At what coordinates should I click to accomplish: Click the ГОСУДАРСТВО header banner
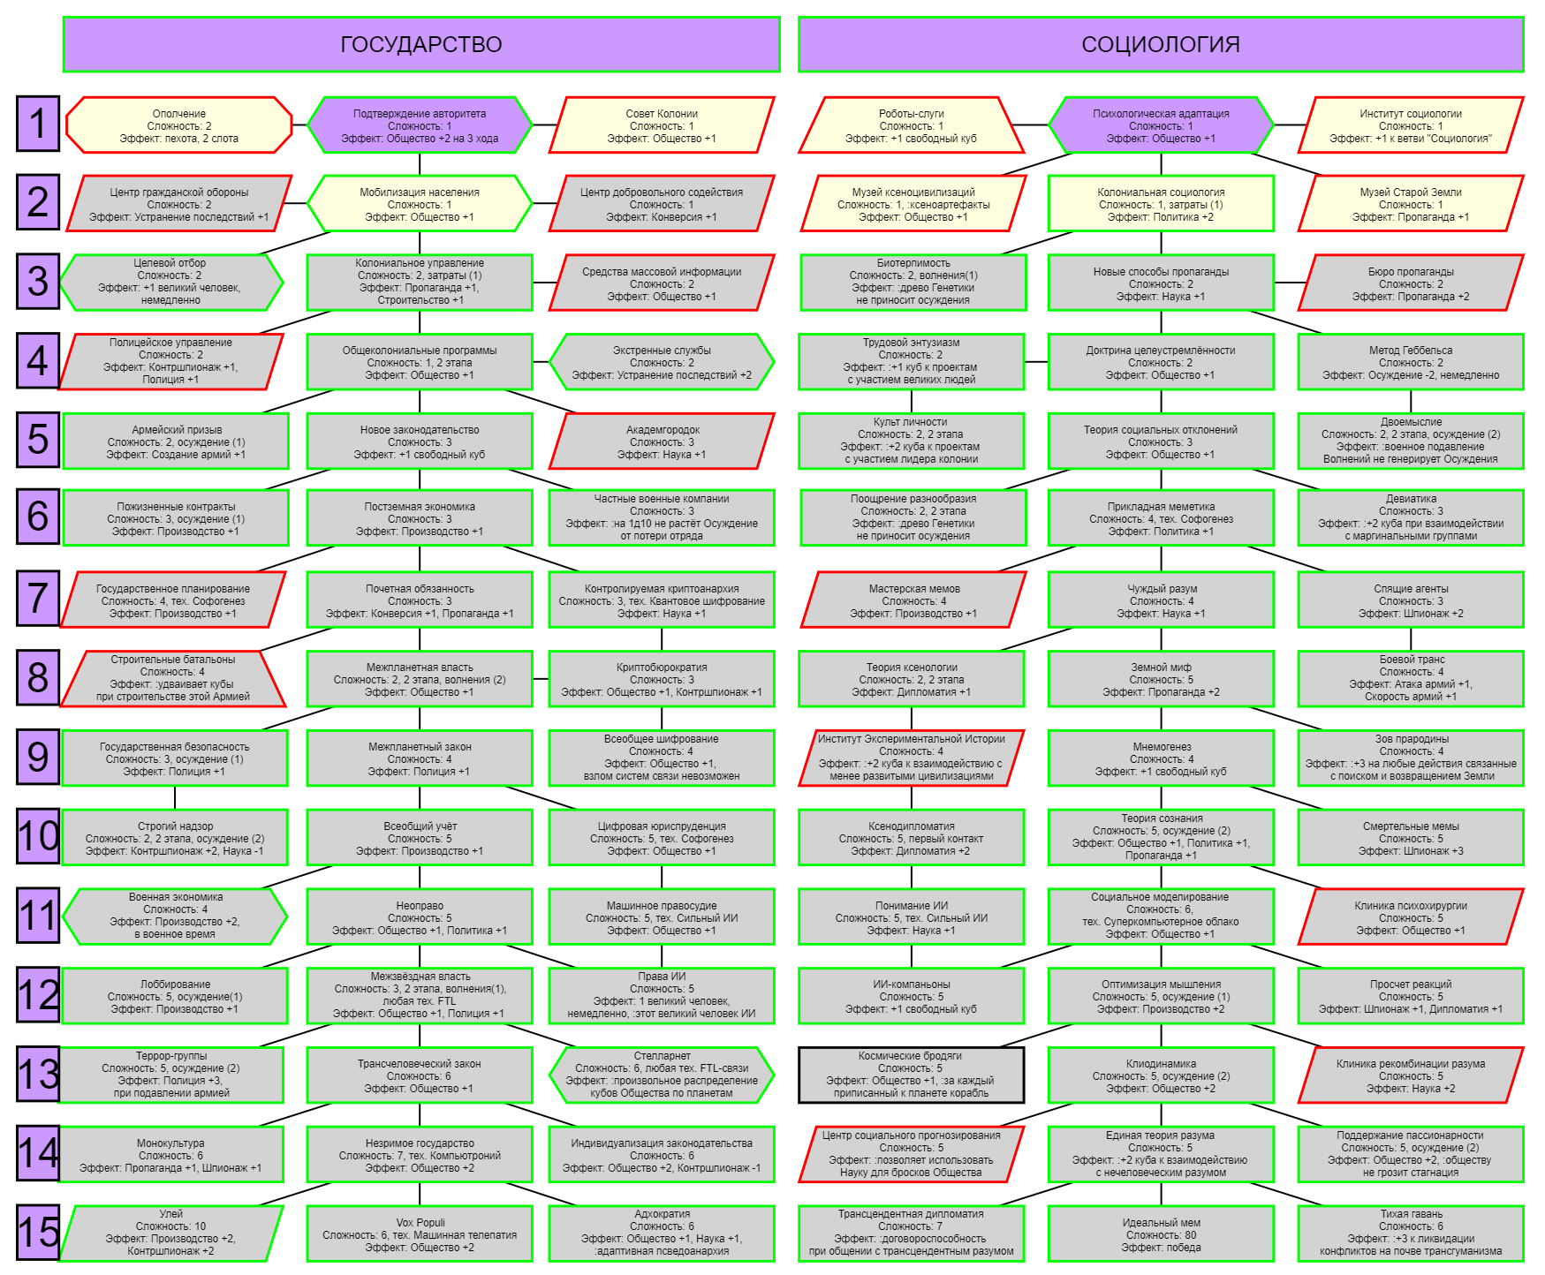coord(421,44)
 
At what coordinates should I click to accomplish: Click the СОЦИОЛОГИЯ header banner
coord(1161,44)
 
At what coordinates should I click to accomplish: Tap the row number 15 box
coord(38,1231)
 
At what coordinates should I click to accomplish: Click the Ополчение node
coord(179,125)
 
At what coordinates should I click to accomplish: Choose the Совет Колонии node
coord(662,125)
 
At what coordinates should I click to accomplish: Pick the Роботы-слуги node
coord(912,125)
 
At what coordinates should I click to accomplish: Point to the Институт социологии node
coord(1411,125)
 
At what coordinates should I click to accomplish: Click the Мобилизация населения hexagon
coord(420,204)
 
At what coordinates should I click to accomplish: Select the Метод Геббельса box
coord(1411,362)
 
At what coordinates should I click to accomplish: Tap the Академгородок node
coord(662,441)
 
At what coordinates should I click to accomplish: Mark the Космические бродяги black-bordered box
coord(911,1075)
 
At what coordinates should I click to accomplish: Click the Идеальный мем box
coord(1161,1234)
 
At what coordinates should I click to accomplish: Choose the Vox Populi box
coord(420,1234)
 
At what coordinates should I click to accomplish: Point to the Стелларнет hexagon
coord(662,1075)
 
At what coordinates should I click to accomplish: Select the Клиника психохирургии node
coord(1411,917)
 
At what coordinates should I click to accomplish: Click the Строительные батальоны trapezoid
coord(173,678)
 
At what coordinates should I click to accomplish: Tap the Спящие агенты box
coord(1411,600)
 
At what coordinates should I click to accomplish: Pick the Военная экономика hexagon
coord(176,916)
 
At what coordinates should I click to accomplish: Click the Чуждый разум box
coord(1161,600)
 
